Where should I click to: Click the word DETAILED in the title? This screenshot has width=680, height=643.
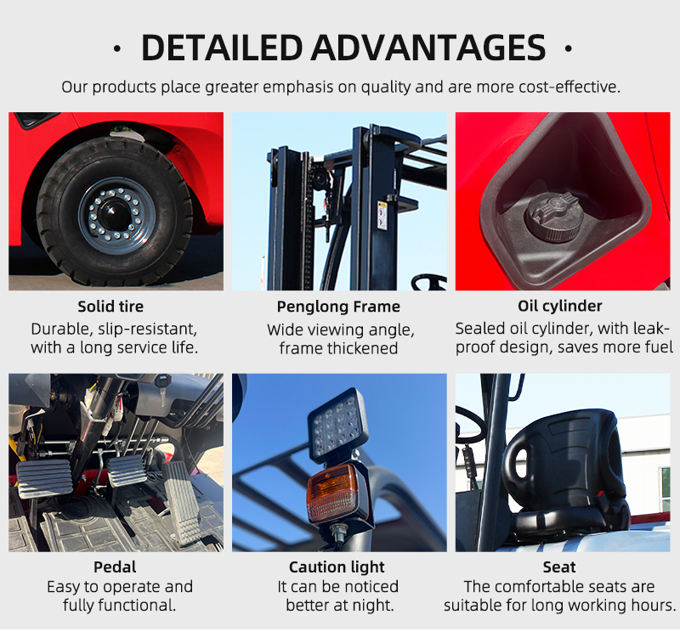click(222, 48)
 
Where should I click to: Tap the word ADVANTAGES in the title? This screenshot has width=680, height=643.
click(428, 48)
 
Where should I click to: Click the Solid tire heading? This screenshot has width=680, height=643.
click(110, 307)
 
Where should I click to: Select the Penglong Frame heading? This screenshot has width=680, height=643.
click(338, 307)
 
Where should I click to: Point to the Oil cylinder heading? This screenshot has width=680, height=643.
click(560, 307)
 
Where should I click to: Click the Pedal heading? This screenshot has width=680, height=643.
click(115, 567)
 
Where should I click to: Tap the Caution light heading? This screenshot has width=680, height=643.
click(337, 567)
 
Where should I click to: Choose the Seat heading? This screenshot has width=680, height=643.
click(559, 567)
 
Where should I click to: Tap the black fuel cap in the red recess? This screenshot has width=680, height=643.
click(552, 216)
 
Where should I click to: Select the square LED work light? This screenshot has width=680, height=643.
click(338, 424)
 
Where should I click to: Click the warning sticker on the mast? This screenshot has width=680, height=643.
click(382, 216)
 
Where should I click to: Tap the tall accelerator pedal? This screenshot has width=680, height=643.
click(183, 503)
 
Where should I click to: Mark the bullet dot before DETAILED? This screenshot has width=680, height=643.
click(117, 48)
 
